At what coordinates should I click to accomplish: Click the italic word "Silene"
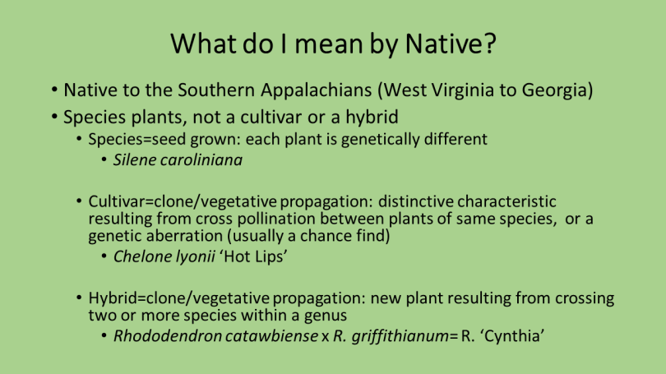[x=133, y=160]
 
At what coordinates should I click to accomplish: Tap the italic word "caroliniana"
[x=200, y=160]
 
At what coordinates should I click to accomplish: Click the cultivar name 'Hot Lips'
[x=253, y=256]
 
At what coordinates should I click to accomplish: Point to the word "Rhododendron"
[x=168, y=336]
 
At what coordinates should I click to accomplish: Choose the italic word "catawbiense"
[x=272, y=336]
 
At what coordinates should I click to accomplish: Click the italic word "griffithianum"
[x=400, y=337]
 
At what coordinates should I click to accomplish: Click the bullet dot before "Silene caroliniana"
[x=104, y=160]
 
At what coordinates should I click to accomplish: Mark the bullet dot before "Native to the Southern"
[x=54, y=90]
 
